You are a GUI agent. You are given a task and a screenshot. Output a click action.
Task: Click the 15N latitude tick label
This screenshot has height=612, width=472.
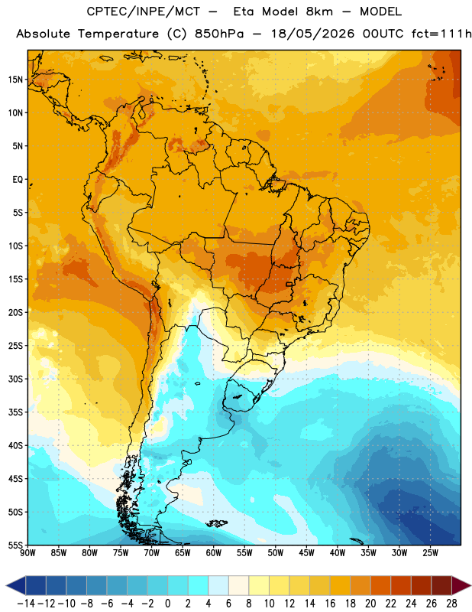[x=15, y=80]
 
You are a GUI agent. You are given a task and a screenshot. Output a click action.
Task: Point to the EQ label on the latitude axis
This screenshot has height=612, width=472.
[x=18, y=180]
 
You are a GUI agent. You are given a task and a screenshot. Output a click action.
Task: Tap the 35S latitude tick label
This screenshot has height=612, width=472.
[x=15, y=412]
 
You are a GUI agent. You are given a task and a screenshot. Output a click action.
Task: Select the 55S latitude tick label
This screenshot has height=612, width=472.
[x=15, y=545]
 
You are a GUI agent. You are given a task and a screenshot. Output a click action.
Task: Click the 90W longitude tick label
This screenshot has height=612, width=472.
[x=28, y=552]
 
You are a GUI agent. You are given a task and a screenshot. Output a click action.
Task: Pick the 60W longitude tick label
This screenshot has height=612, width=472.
[x=214, y=552]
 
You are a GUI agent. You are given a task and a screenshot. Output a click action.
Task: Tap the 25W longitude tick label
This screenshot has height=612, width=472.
[x=430, y=552]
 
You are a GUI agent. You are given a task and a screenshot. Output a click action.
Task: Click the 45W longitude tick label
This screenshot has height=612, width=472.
[x=306, y=552]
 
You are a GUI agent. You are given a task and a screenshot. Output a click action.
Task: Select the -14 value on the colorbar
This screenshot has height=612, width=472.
[x=26, y=604]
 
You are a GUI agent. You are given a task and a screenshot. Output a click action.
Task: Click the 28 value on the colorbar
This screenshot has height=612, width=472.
[x=451, y=604]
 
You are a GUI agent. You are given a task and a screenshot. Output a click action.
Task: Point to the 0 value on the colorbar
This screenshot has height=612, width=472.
[x=168, y=604]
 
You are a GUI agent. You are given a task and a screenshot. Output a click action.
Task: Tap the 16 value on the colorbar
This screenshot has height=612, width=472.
[x=330, y=604]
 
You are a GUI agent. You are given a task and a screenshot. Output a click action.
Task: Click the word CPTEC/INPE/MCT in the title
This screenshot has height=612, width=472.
[x=144, y=11]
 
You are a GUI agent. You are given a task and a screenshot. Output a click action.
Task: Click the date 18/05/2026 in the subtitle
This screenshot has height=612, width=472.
[x=313, y=34]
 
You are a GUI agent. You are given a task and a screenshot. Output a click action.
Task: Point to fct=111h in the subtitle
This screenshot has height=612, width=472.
[x=441, y=34]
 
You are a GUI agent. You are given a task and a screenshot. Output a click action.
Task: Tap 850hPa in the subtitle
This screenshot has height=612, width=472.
[x=219, y=34]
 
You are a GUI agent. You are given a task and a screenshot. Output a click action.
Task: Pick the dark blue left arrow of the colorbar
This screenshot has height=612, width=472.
[x=16, y=586]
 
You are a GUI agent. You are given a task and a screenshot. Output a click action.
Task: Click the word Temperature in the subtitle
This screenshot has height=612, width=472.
[x=118, y=34]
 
